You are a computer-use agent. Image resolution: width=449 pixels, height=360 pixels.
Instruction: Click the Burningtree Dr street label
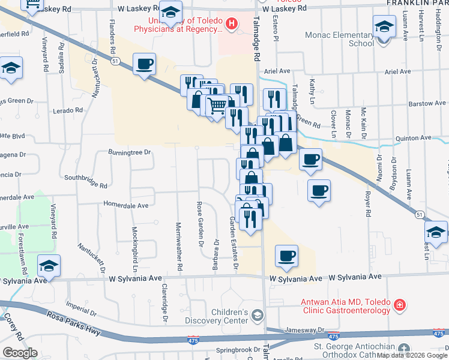tap(128, 152)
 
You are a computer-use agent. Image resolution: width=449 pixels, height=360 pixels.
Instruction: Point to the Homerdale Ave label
tap(126, 205)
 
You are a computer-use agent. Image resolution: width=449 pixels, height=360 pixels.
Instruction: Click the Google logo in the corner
tap(20, 352)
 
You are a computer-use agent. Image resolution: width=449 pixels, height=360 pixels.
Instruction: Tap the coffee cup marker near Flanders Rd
tap(144, 64)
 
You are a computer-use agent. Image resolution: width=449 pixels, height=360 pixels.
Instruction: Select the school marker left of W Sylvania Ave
tap(49, 265)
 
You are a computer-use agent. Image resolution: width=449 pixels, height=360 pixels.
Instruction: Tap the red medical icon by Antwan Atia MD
tap(399, 307)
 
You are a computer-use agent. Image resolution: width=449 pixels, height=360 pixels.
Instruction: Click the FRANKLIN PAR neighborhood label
tap(418, 3)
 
